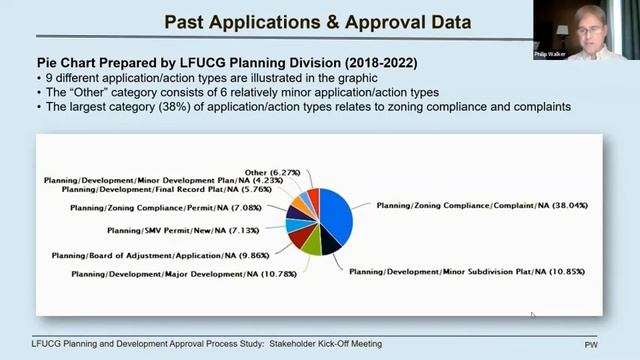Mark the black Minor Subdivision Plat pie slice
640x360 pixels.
tap(327, 240)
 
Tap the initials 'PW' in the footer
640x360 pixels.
tap(590, 344)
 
